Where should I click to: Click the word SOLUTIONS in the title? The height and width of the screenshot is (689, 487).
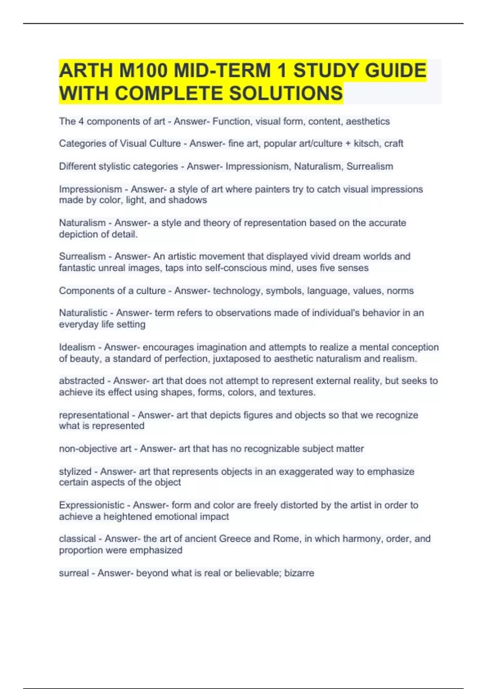286,93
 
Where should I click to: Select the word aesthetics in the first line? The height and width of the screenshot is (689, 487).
368,121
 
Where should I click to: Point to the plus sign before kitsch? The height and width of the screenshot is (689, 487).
348,143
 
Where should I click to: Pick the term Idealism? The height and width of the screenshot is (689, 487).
77,347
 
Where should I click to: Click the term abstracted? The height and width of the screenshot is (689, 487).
82,381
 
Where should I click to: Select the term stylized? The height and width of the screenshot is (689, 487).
75,471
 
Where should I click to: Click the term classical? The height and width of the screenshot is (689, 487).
77,539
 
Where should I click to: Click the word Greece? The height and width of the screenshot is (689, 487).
235,539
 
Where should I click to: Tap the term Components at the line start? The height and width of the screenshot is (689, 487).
84,291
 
